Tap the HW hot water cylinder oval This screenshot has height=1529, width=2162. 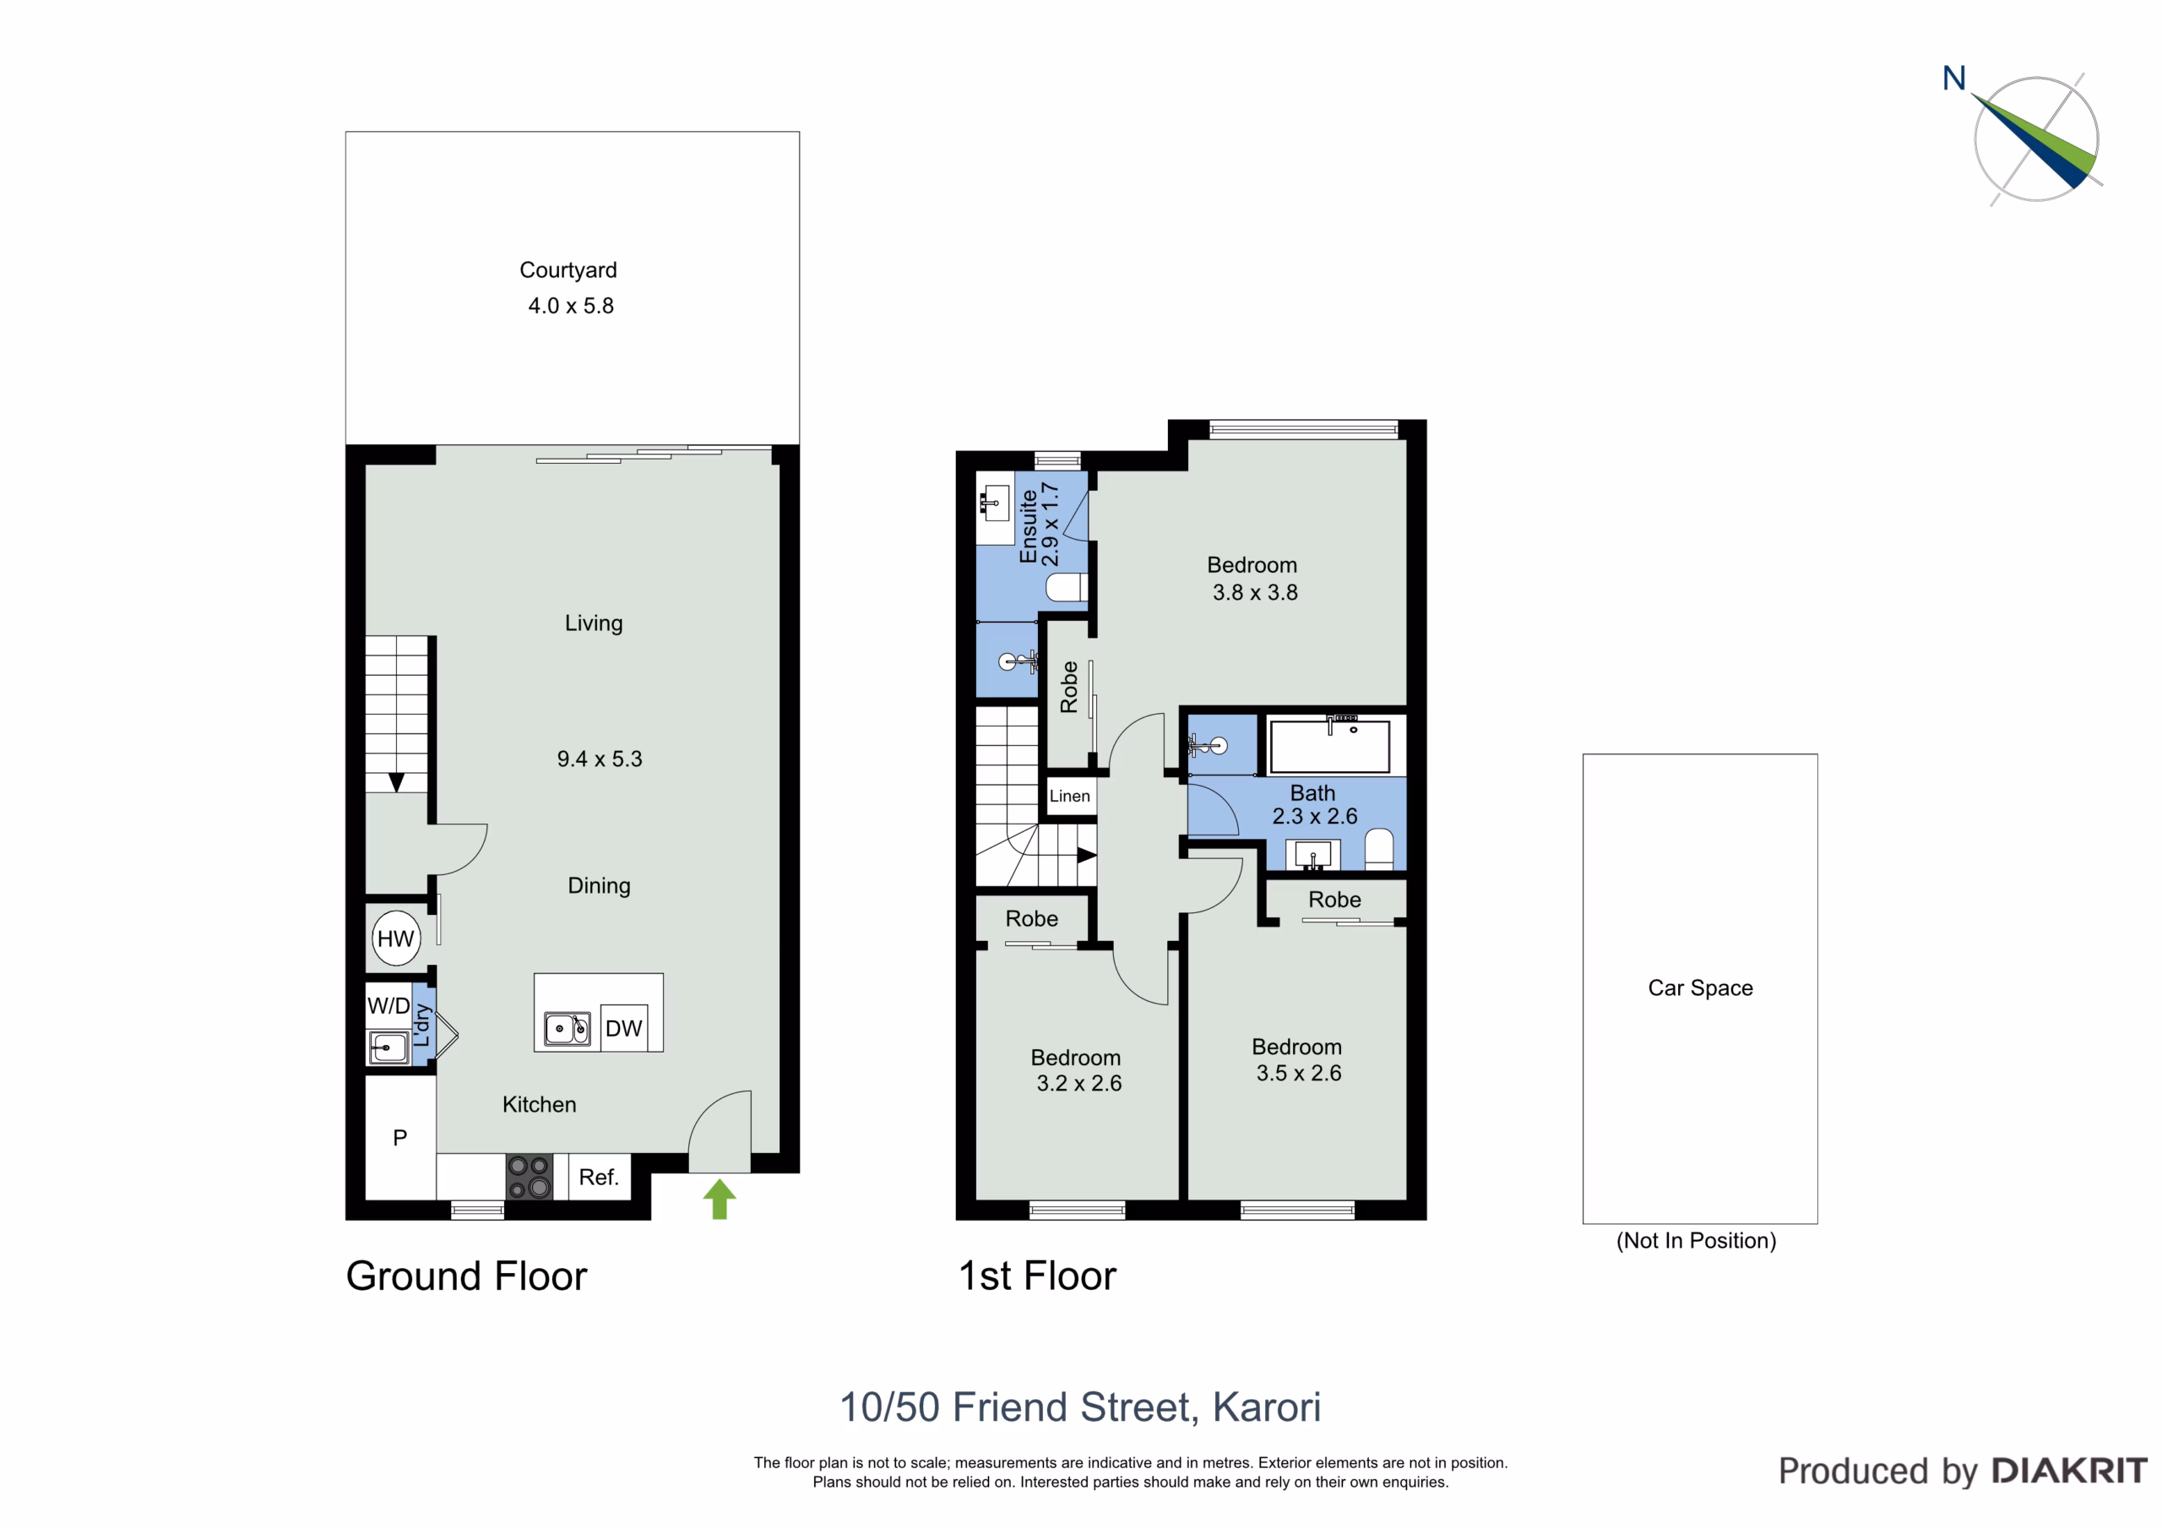(395, 939)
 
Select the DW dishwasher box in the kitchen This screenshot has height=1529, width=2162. (623, 1028)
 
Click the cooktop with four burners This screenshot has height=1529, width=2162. (530, 1178)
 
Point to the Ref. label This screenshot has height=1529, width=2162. (599, 1178)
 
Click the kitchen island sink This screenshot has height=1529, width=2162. (567, 1028)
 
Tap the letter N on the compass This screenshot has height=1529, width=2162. (1954, 79)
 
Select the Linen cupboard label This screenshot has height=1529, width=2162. (1070, 796)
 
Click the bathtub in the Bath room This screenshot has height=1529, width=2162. (1329, 746)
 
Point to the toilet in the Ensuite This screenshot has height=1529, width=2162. (1067, 587)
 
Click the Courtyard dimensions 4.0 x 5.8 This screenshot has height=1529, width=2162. (571, 306)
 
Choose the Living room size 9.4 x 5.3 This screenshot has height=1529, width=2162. (599, 759)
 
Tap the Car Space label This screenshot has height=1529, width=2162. (1701, 988)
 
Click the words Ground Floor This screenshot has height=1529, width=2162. (466, 1276)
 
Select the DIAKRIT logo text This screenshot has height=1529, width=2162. (2070, 1471)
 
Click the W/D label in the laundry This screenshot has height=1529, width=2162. (388, 1005)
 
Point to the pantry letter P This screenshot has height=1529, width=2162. (400, 1138)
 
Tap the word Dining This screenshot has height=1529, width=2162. (599, 885)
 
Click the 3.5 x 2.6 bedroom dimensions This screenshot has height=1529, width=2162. (1299, 1073)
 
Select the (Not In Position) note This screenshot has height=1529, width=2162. (1696, 1241)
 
